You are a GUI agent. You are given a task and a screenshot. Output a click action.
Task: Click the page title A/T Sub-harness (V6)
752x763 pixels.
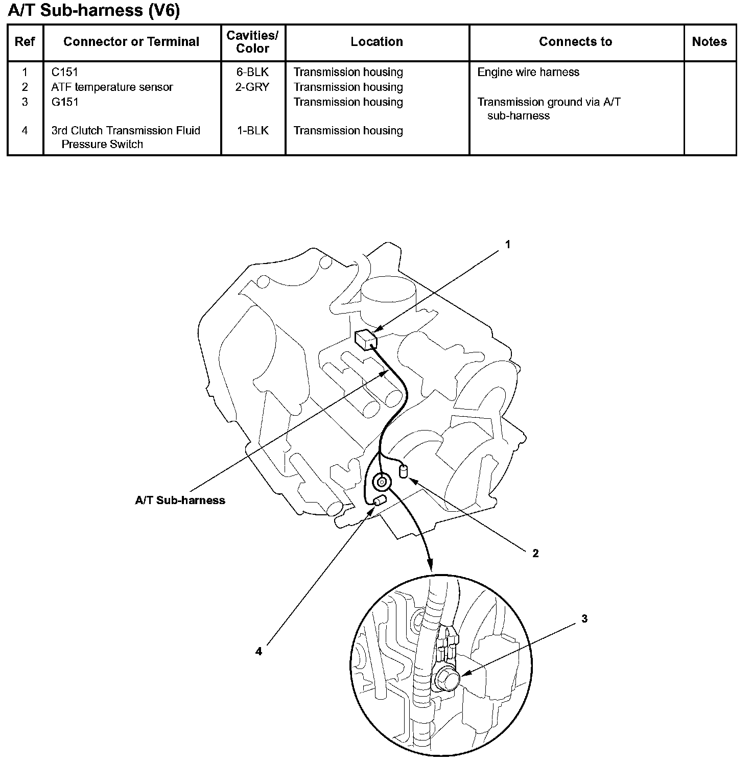[x=94, y=10]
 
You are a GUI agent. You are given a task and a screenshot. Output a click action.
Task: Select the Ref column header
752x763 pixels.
[x=25, y=42]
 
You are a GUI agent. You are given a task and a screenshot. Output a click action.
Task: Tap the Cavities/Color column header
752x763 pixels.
[x=252, y=42]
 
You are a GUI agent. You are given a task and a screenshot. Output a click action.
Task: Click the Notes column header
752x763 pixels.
[x=709, y=42]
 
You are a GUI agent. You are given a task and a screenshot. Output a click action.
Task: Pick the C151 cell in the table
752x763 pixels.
[x=65, y=72]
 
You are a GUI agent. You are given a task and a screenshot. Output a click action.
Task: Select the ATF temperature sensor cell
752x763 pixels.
[x=112, y=87]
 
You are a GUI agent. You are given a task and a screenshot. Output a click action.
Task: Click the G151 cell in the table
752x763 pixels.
[x=65, y=102]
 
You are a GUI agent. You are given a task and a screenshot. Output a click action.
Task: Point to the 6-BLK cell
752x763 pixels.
[x=252, y=72]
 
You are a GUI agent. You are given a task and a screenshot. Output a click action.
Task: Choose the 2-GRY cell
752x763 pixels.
[x=252, y=87]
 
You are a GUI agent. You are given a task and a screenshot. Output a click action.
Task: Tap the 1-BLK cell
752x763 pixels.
[x=252, y=130]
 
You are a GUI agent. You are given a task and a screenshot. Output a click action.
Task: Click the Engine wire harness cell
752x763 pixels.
[x=528, y=72]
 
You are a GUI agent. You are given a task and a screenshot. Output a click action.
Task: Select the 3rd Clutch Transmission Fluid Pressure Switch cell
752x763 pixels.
[x=125, y=137]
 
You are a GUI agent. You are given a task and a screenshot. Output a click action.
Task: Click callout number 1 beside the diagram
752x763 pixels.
[x=508, y=245]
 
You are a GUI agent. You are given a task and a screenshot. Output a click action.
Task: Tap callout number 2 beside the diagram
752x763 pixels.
[x=535, y=553]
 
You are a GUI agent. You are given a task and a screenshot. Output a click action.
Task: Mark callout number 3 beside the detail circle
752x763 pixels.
[x=584, y=618]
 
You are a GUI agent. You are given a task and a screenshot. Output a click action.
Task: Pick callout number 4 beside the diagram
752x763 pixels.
[x=258, y=651]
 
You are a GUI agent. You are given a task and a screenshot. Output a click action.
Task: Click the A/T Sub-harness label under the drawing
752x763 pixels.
[x=180, y=500]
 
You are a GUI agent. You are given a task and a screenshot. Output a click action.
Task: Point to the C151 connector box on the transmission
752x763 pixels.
[x=365, y=339]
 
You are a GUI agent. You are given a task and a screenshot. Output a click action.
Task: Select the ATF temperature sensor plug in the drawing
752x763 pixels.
[x=403, y=470]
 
